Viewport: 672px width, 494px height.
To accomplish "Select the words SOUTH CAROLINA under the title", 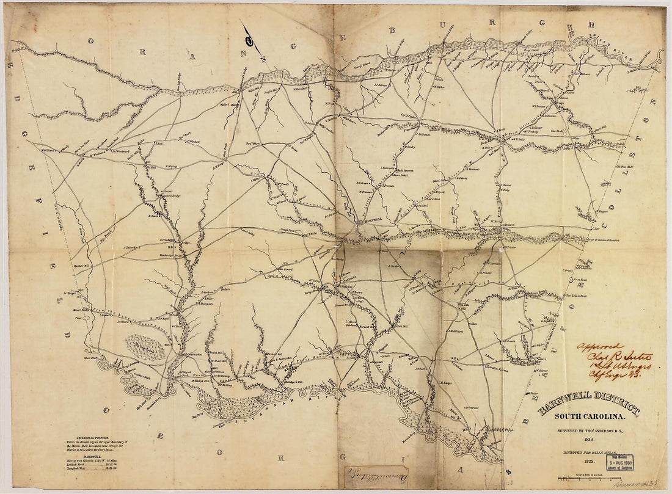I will pos(590,417).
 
